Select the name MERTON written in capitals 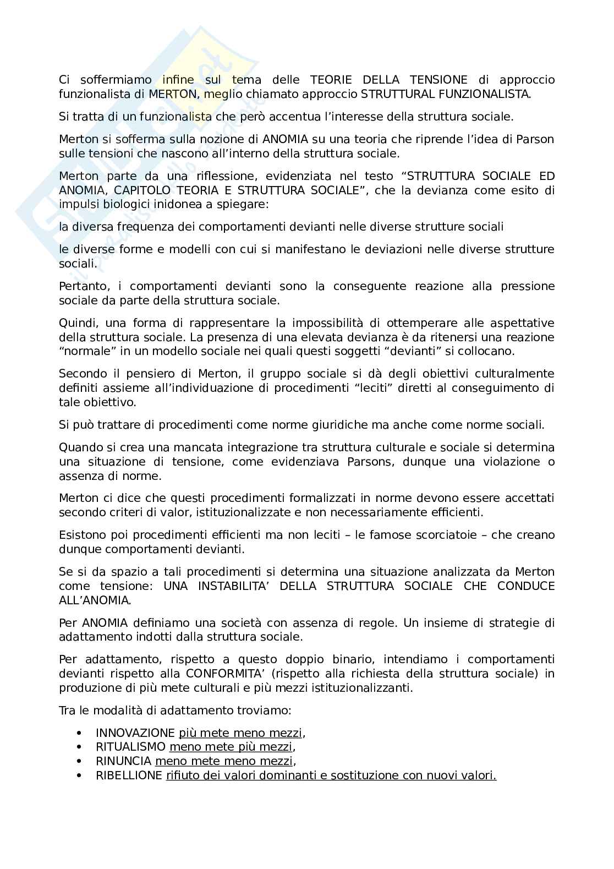172,94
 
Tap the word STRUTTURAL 393,94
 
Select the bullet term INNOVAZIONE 135,733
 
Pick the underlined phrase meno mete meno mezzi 224,761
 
